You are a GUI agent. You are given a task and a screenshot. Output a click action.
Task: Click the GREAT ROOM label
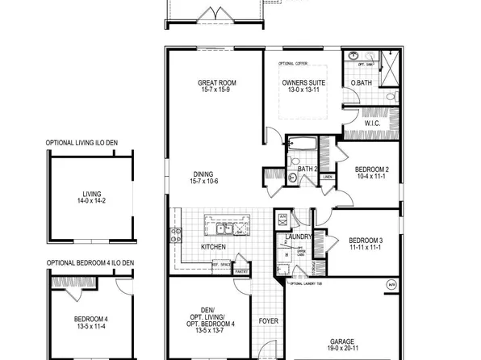tap(215, 82)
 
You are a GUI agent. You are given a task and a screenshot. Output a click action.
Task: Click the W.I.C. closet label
tap(372, 124)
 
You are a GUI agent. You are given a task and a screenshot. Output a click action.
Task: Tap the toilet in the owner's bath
tap(390, 96)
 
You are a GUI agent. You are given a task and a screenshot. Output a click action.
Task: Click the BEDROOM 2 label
tap(372, 169)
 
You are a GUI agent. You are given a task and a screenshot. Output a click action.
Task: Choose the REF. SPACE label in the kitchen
tap(222, 264)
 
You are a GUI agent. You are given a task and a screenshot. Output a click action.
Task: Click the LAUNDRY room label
tap(299, 237)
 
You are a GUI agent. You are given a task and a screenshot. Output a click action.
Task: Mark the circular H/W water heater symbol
tap(391, 285)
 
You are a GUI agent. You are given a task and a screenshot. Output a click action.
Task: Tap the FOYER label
tap(269, 321)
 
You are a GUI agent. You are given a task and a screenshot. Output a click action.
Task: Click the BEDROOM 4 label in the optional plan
tap(90, 319)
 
